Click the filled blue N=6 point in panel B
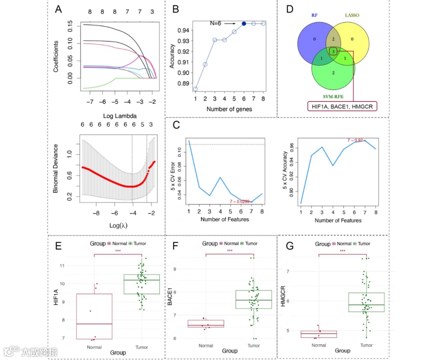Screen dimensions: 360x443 coord(244,24)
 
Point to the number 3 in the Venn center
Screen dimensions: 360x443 coord(333,52)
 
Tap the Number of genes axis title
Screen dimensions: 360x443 coord(230,109)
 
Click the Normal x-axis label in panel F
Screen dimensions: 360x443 coord(206,346)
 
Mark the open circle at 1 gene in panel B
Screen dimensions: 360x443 coord(195,89)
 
